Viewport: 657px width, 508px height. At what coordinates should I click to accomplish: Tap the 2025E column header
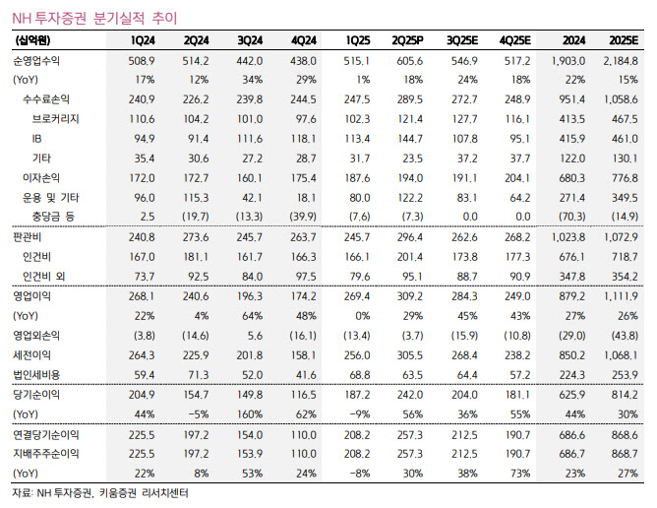click(x=625, y=40)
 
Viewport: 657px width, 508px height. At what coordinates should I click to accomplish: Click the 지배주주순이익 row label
click(x=42, y=454)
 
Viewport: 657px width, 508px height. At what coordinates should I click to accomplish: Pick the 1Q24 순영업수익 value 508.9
click(x=142, y=62)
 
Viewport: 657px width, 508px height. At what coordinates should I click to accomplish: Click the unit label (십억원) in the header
click(x=33, y=40)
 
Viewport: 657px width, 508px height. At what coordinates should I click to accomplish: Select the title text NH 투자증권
click(x=48, y=14)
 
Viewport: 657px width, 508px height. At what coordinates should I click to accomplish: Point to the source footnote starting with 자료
click(x=99, y=493)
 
